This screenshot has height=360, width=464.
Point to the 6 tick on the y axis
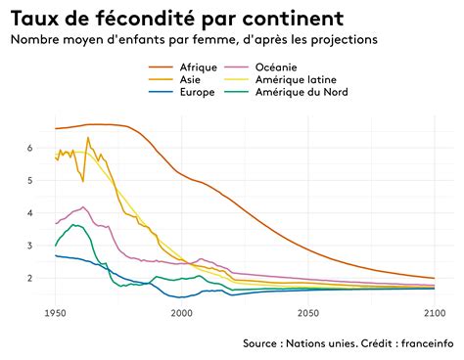pos(30,148)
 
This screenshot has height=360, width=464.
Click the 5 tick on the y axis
pos(30,181)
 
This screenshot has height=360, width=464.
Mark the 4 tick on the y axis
pos(30,213)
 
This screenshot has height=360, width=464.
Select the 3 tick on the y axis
pos(30,246)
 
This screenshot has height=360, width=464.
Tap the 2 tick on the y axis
pos(30,279)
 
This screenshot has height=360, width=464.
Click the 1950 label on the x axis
pos(55,312)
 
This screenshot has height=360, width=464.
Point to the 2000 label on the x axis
pos(181,312)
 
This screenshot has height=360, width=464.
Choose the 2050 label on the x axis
pos(307,312)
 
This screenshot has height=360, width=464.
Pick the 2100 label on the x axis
pos(434,312)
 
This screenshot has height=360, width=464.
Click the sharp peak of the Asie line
pos(88,137)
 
